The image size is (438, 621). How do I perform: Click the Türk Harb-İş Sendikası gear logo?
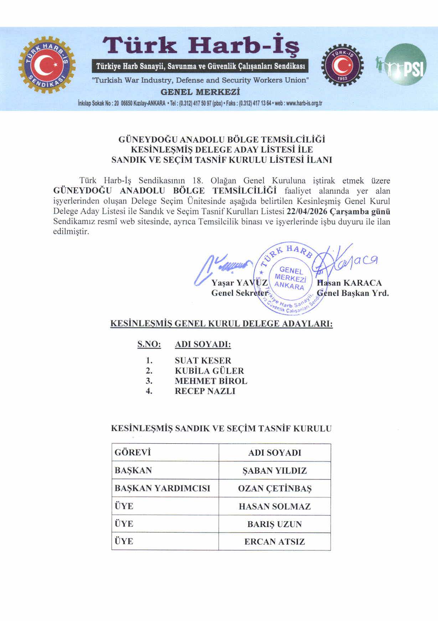[47, 64]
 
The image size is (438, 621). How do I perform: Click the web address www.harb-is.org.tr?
[304, 104]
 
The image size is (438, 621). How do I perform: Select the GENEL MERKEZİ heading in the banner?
[200, 92]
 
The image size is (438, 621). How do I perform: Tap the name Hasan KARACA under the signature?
[349, 283]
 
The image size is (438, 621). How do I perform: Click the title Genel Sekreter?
[239, 293]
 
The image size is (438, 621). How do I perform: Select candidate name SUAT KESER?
[203, 360]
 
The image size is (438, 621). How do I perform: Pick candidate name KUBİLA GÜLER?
[209, 371]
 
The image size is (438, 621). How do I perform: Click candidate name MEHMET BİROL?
[211, 381]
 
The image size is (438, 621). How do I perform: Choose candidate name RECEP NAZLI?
[205, 391]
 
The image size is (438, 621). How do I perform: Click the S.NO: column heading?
[149, 344]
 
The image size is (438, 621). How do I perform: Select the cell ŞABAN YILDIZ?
[274, 471]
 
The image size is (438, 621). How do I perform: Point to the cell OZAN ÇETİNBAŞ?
[274, 489]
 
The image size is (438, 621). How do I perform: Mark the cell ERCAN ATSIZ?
[274, 542]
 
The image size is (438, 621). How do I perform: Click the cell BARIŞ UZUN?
[274, 524]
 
